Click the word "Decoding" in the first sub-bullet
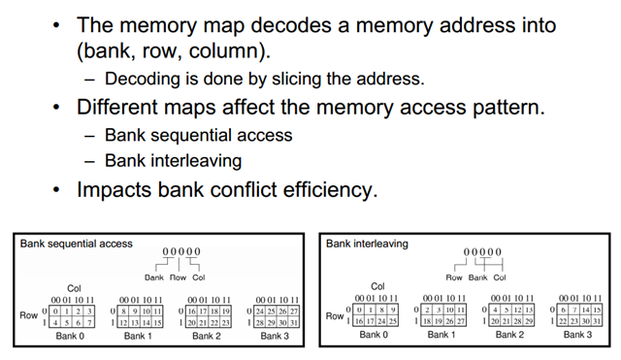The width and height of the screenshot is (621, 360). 141,79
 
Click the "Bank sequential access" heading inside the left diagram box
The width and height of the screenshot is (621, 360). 76,243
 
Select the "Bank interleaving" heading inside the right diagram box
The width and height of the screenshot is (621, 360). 367,243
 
